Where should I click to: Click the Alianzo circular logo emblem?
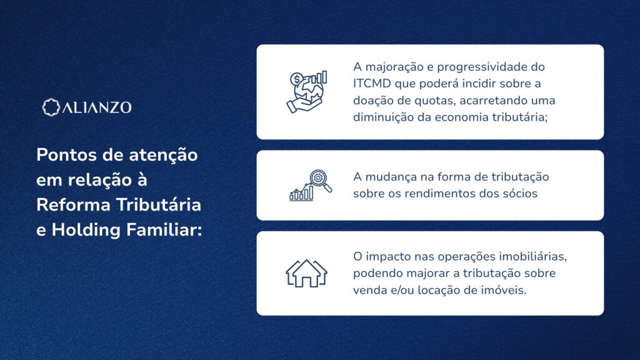pos(51,107)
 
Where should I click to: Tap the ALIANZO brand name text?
pos(97,107)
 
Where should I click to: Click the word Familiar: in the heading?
pos(164,230)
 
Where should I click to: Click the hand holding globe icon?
pos(306,92)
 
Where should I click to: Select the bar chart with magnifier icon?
pos(310,185)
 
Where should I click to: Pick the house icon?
pos(306,273)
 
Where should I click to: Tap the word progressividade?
pos(482,67)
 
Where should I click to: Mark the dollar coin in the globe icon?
pos(297,79)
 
